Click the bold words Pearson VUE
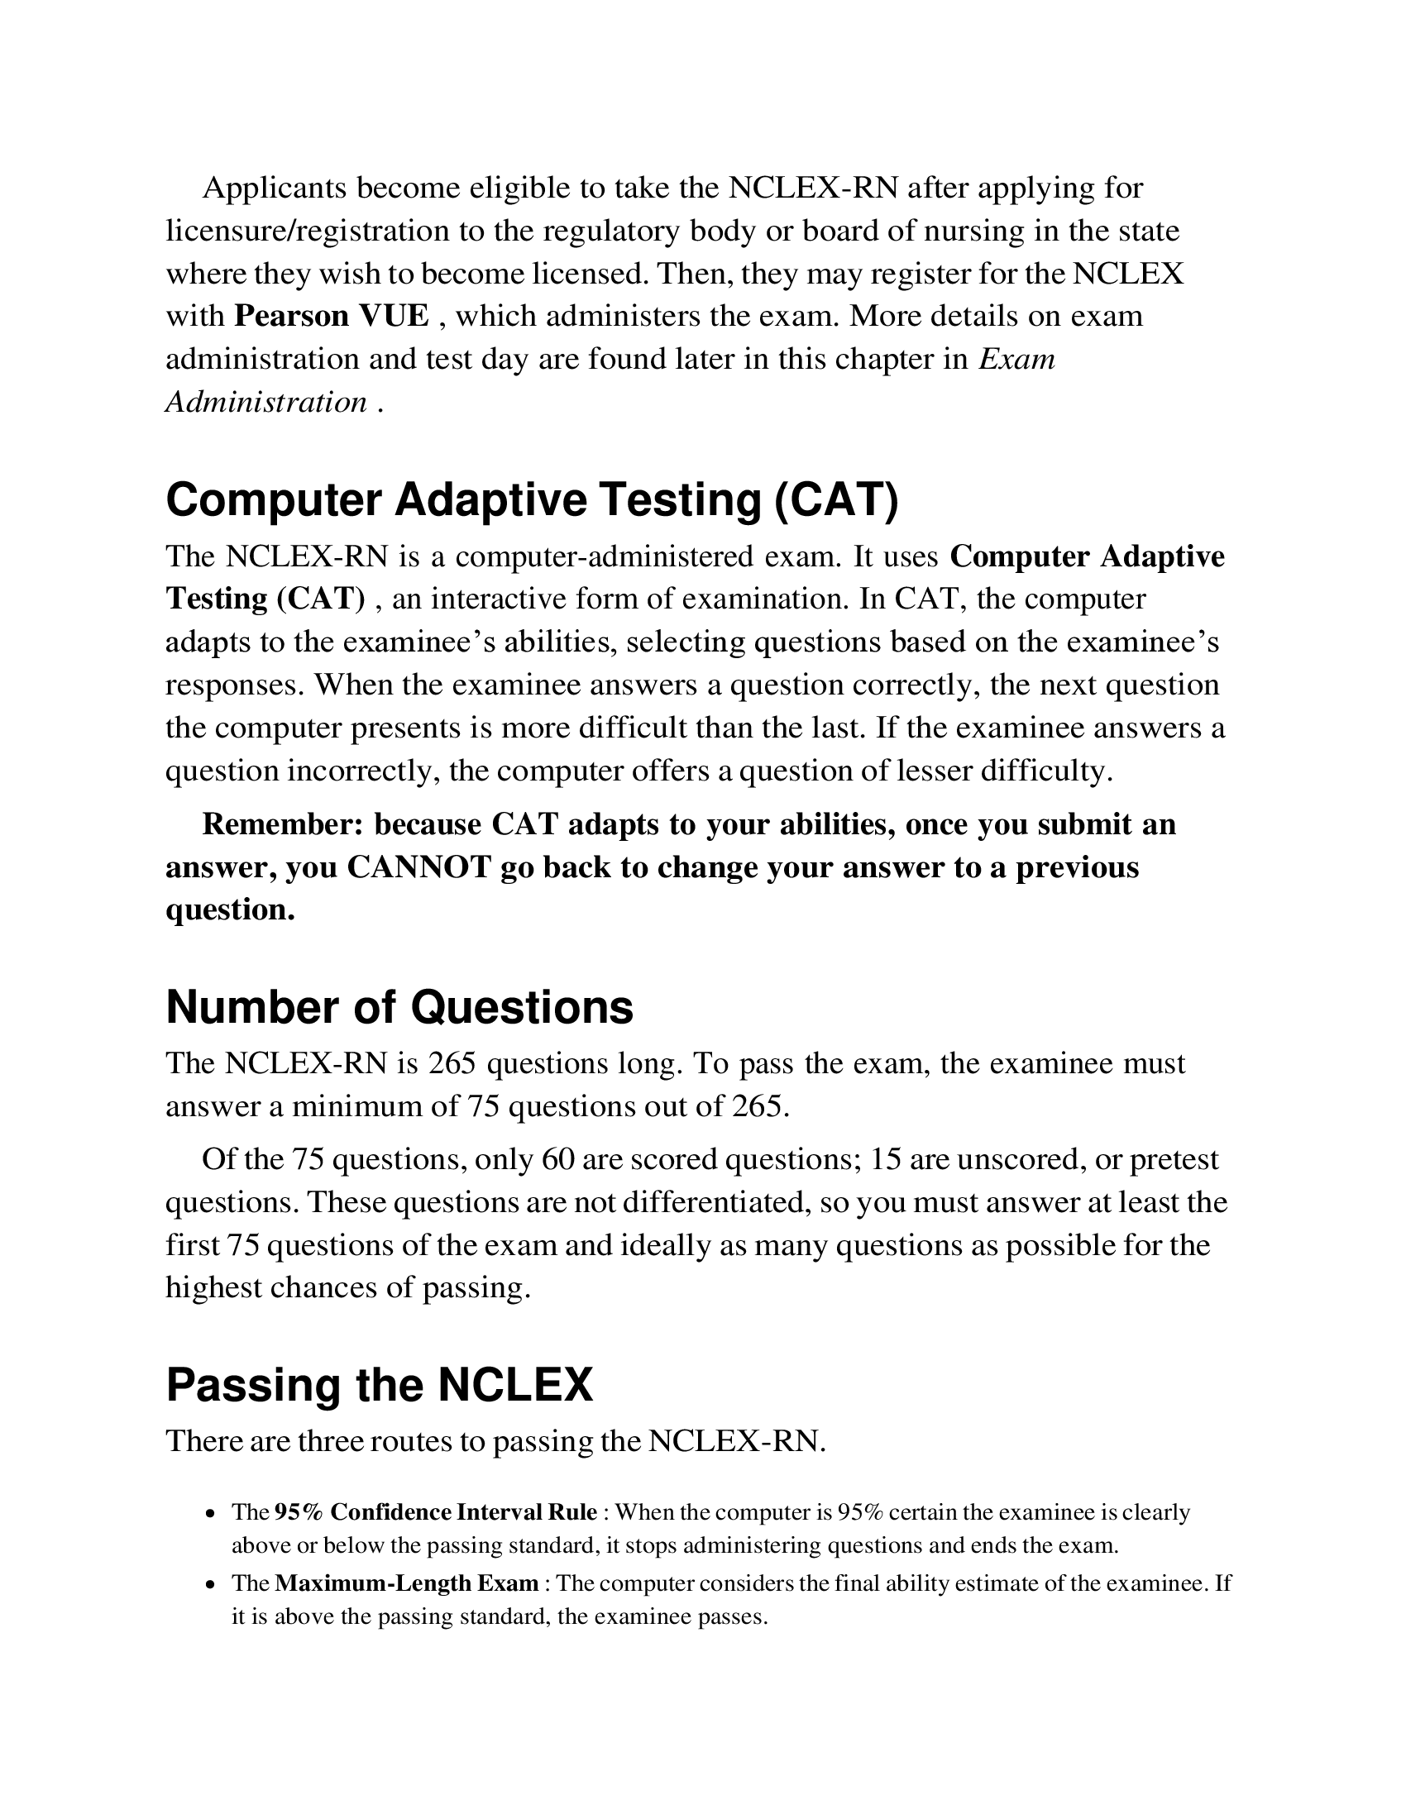(x=332, y=317)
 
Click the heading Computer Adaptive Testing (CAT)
(x=533, y=499)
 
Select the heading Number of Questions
(x=399, y=1007)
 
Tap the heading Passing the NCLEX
(x=379, y=1386)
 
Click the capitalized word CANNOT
(x=419, y=867)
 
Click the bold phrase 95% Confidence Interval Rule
(x=436, y=1511)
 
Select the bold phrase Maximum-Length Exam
(x=406, y=1583)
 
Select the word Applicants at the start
(x=274, y=189)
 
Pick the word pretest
(x=1174, y=1159)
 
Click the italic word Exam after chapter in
(x=1017, y=359)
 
